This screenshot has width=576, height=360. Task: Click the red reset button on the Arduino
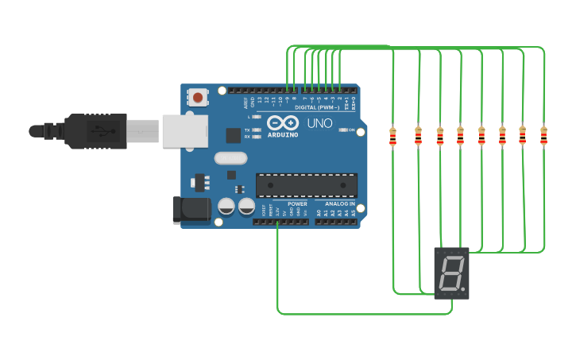197,97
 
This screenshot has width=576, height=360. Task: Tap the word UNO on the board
319,123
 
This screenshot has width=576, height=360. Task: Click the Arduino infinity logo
282,123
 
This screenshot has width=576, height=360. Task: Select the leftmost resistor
392,137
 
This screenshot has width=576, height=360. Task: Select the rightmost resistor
543,136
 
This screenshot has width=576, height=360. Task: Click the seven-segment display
451,273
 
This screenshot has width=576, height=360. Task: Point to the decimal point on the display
463,288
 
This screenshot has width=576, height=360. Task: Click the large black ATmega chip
306,185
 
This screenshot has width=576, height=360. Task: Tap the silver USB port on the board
184,131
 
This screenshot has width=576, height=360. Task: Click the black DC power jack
191,210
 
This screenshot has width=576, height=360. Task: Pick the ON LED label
351,130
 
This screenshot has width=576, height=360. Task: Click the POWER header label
297,203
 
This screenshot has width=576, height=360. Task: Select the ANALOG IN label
340,203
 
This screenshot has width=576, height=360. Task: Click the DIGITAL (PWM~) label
317,107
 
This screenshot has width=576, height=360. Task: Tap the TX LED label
247,130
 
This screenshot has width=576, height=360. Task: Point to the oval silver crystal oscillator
230,158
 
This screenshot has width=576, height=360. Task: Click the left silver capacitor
226,207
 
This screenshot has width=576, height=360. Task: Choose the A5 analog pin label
354,214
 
